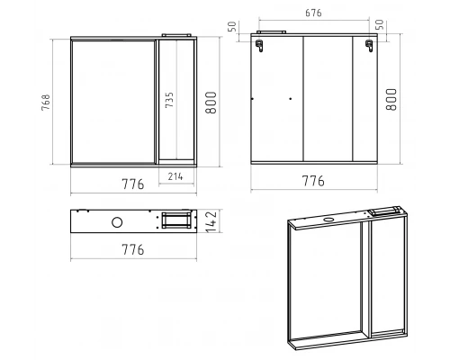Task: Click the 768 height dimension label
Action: [x=46, y=103]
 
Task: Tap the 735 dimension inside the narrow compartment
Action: [x=169, y=100]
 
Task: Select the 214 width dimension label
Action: [x=175, y=176]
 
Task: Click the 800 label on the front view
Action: [x=211, y=103]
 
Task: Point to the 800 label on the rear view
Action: [x=391, y=100]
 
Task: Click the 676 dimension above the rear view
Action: [x=313, y=13]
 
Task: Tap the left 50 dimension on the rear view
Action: [x=232, y=27]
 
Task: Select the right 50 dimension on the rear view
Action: [x=380, y=24]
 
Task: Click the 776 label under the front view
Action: [x=133, y=184]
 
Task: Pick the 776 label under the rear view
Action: [x=313, y=181]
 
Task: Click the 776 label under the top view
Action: [x=133, y=249]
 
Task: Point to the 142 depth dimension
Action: [x=211, y=221]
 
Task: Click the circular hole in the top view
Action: [x=117, y=222]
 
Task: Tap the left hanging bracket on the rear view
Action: [x=259, y=46]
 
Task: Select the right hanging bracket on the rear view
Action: [x=369, y=46]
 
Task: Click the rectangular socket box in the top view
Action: [x=176, y=220]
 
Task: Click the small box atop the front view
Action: [x=176, y=35]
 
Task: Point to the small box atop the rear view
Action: [x=272, y=31]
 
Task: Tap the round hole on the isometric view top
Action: [x=328, y=220]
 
